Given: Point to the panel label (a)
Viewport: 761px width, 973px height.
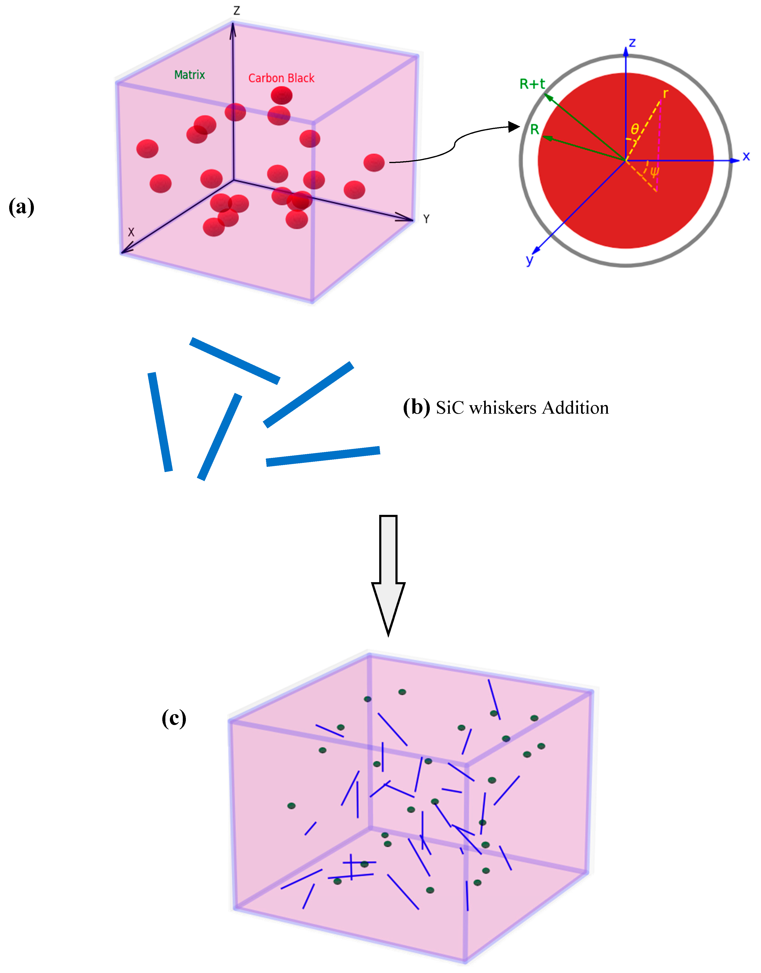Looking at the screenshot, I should [21, 207].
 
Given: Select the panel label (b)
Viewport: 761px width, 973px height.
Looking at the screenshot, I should [416, 407].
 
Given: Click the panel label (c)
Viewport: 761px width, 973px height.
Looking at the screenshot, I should [174, 718].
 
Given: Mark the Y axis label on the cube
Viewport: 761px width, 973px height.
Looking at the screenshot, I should [426, 219].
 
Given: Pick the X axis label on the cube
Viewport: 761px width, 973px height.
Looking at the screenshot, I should [131, 232].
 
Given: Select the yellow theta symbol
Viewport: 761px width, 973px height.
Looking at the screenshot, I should [634, 129].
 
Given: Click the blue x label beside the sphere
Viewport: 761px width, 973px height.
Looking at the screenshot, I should [746, 156].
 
